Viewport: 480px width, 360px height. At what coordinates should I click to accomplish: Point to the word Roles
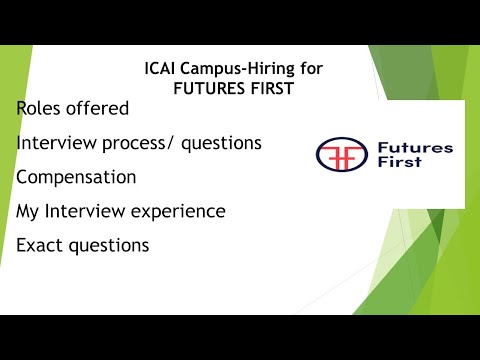(41, 108)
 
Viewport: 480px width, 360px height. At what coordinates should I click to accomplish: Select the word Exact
(42, 245)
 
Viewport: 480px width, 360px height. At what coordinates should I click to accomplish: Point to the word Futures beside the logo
(415, 148)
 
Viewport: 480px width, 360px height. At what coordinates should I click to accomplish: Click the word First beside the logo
(403, 168)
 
